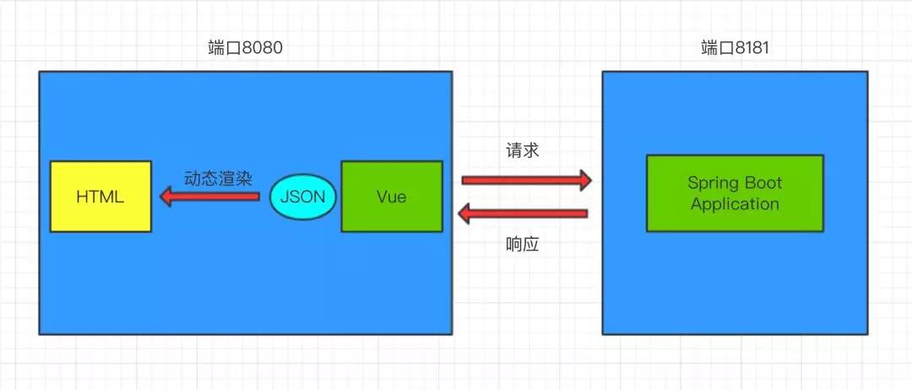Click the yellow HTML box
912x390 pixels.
pyautogui.click(x=100, y=197)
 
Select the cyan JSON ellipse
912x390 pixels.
pyautogui.click(x=302, y=198)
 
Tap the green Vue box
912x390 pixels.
pyautogui.click(x=391, y=197)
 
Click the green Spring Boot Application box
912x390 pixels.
pyautogui.click(x=734, y=193)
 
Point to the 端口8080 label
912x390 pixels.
pyautogui.click(x=245, y=48)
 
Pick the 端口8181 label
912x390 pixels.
pyautogui.click(x=735, y=48)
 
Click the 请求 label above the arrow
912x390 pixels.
pyautogui.click(x=522, y=151)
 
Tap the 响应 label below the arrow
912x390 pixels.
pyautogui.click(x=522, y=244)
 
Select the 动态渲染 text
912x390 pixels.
pyautogui.click(x=218, y=178)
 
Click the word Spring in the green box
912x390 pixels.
pyautogui.click(x=710, y=183)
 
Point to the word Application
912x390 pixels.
pyautogui.click(x=735, y=204)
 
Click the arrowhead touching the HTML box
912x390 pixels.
pyautogui.click(x=164, y=198)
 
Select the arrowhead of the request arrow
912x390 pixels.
pyautogui.click(x=584, y=179)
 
